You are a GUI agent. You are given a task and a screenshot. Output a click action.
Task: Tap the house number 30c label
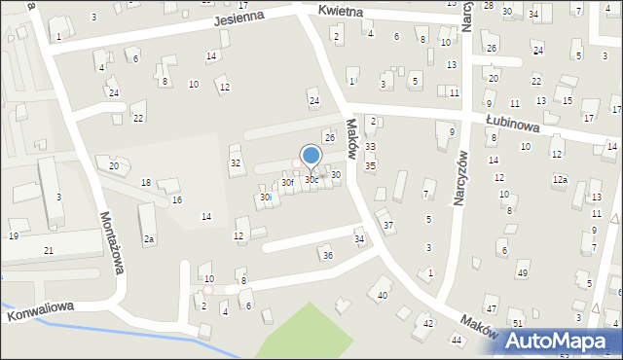tap(311, 180)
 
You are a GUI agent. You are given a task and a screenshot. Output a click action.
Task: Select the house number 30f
tap(287, 182)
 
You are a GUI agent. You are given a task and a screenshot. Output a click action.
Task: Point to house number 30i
tap(265, 198)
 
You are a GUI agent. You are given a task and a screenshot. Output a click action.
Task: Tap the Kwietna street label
tap(340, 11)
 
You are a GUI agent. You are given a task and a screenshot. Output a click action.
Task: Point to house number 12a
tap(559, 180)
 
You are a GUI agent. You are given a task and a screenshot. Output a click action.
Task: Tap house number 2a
tap(149, 238)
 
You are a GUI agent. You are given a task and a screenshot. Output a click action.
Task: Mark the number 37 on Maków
tap(388, 226)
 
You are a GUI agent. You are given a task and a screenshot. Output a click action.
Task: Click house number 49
tap(523, 272)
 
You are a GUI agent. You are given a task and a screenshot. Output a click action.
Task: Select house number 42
tap(428, 322)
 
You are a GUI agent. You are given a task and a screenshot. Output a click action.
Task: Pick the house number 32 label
tap(236, 163)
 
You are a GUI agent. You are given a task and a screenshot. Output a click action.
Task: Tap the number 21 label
tap(49, 251)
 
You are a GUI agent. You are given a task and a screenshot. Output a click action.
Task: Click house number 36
tap(327, 255)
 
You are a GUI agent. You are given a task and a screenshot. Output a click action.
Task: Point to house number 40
tap(383, 295)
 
